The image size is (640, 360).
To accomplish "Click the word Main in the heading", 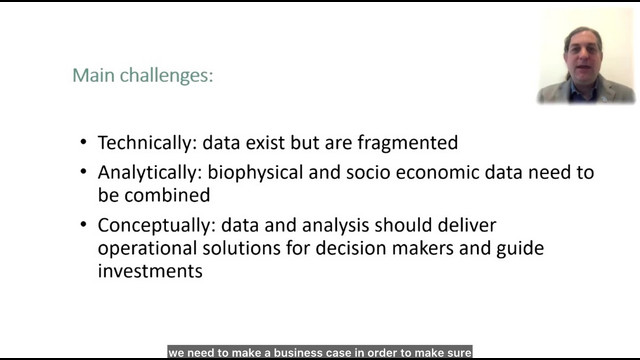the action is point(93,75).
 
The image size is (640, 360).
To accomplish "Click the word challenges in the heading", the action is point(166,76).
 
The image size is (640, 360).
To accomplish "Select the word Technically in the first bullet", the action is point(144,143).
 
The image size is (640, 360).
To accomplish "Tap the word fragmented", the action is point(408,143).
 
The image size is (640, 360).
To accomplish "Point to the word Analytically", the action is point(147,173).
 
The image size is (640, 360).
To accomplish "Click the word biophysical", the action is point(255,173).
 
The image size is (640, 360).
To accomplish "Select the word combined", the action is point(167,195).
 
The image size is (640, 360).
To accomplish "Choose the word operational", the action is point(147,249).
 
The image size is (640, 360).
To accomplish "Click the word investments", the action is point(150,271).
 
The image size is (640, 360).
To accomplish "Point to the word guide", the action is point(520,249).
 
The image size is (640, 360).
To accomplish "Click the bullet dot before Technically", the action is point(84,142).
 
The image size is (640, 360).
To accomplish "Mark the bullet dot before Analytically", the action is point(84,172).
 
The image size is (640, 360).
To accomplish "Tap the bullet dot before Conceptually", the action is point(84,224).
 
